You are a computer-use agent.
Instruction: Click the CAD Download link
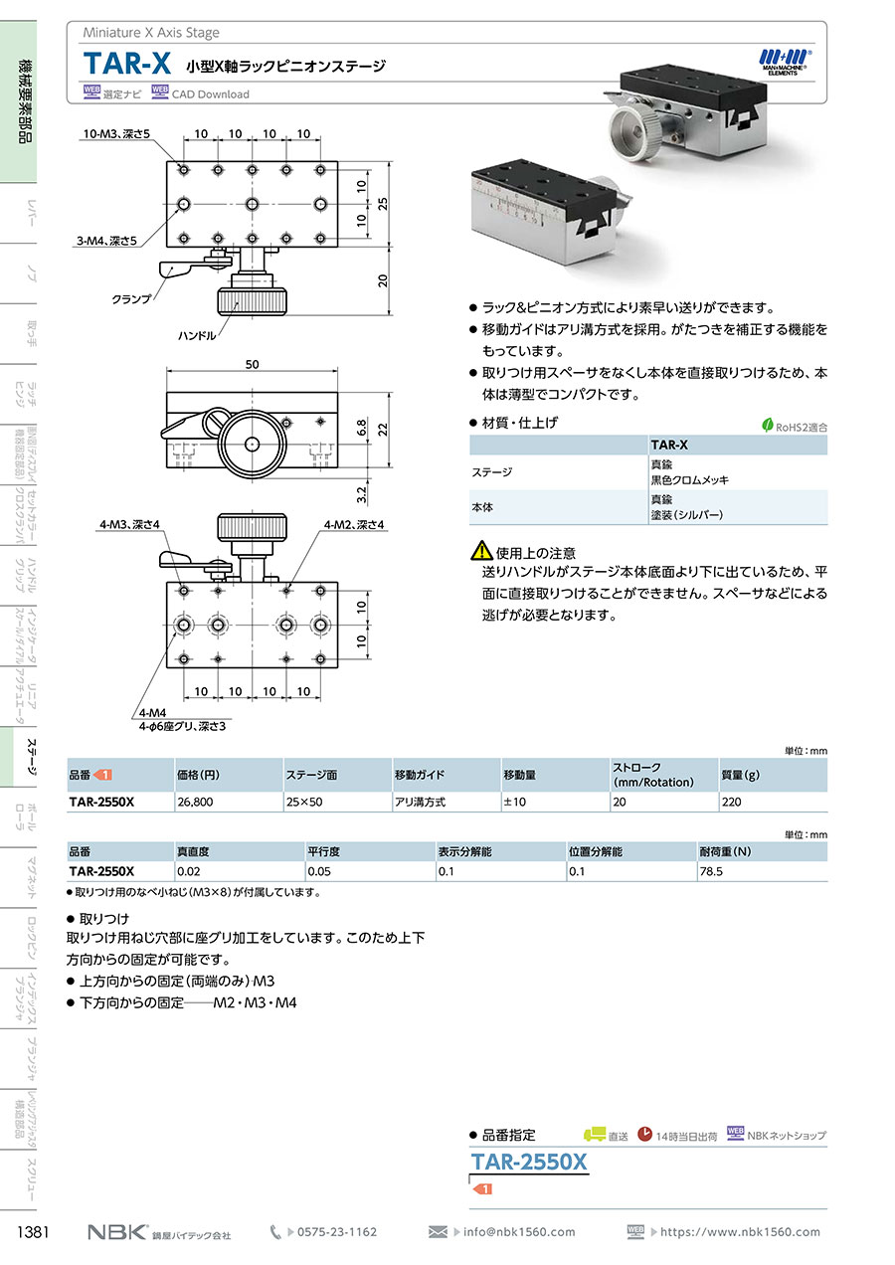211,94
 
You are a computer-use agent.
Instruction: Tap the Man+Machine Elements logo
786,59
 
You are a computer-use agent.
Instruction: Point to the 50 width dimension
253,365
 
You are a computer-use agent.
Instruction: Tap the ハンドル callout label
197,336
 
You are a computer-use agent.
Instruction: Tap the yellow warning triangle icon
480,550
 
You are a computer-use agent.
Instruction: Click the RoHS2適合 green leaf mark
768,426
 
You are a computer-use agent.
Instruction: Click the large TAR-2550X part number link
529,1162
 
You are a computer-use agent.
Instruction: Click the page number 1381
35,1232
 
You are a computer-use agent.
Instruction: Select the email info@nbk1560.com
519,1232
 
